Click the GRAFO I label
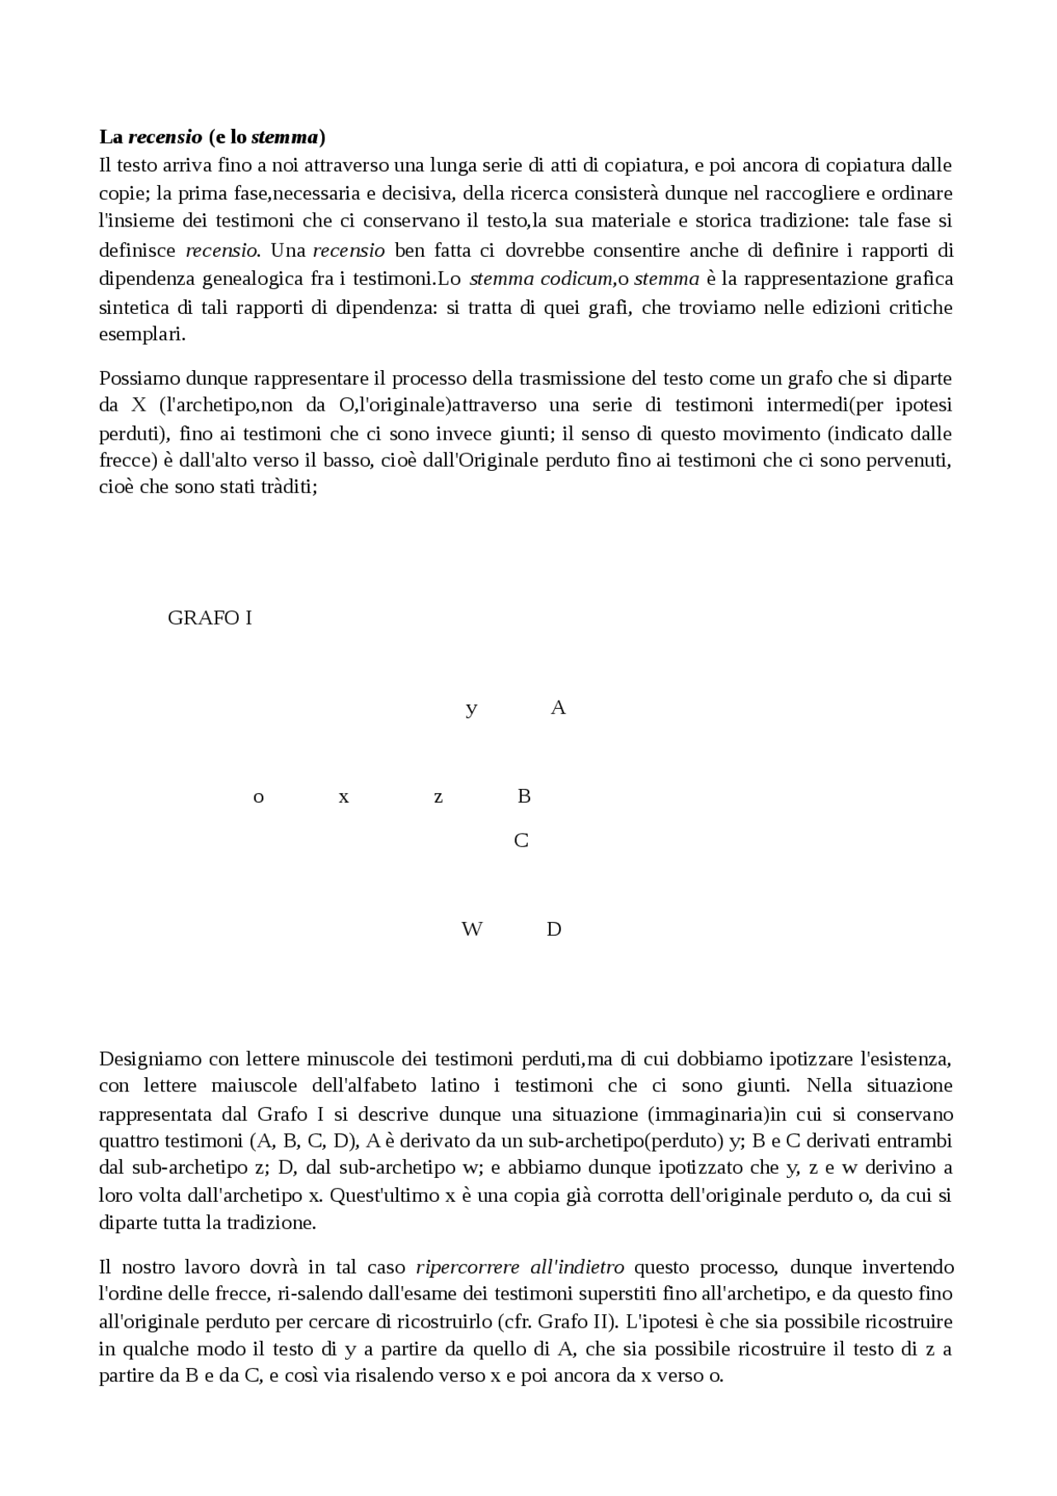[x=210, y=618]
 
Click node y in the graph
[x=472, y=709]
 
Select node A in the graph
[x=558, y=707]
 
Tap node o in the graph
[x=258, y=797]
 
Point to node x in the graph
[x=344, y=797]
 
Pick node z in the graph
[x=438, y=797]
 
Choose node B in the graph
[x=524, y=795]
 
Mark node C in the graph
[x=521, y=840]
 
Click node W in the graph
[x=472, y=929]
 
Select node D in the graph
[x=554, y=929]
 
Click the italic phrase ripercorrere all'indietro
[x=520, y=1266]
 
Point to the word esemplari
[x=141, y=335]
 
